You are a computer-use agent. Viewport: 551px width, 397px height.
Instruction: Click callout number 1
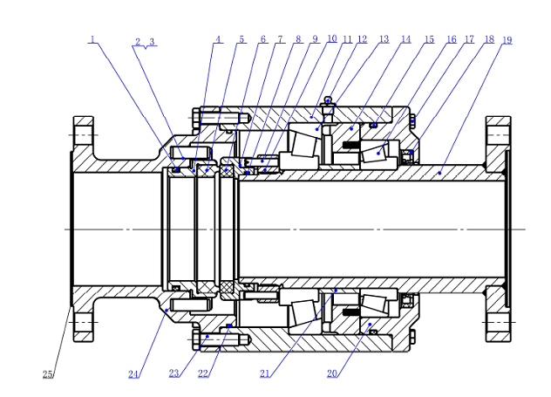click(92, 39)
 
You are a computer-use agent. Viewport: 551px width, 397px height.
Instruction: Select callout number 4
click(218, 39)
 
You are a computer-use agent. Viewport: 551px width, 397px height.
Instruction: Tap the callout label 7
click(281, 39)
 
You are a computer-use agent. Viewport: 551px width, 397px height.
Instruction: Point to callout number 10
click(332, 39)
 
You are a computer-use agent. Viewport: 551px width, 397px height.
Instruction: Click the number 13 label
click(384, 39)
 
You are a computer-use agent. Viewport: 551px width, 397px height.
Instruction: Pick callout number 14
click(406, 39)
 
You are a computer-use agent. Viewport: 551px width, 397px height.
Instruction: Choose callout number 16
click(452, 39)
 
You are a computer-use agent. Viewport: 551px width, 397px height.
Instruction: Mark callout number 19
click(507, 40)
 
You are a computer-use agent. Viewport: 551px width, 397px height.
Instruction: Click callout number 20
click(332, 373)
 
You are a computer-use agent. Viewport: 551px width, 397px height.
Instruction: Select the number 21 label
click(264, 373)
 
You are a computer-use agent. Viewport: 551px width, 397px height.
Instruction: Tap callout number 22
click(203, 373)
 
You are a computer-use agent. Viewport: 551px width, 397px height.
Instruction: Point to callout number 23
click(174, 373)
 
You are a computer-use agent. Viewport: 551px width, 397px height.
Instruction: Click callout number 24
click(133, 374)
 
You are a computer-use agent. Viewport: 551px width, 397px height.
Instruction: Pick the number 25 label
click(47, 374)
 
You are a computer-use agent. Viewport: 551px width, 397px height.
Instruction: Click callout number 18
click(489, 39)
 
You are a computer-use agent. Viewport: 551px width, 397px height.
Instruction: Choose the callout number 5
click(241, 39)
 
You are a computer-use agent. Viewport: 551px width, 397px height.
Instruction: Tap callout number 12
click(362, 39)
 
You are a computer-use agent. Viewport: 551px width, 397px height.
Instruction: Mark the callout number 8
click(298, 39)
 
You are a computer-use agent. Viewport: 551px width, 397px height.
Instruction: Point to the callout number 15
click(429, 39)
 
